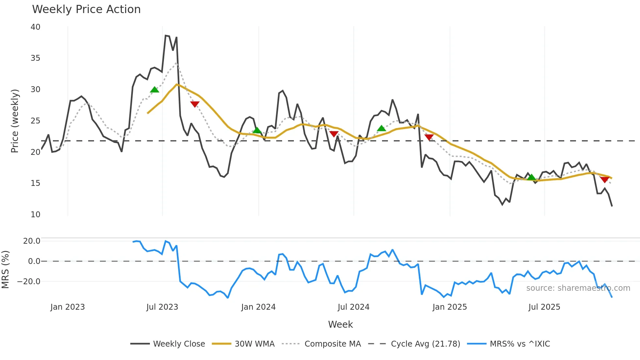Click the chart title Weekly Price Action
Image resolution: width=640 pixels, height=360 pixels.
pyautogui.click(x=86, y=9)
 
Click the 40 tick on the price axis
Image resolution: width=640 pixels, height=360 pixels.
pyautogui.click(x=35, y=27)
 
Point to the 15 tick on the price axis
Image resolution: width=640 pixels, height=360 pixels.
pyautogui.click(x=35, y=183)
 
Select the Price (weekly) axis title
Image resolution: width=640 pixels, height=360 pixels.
pyautogui.click(x=15, y=121)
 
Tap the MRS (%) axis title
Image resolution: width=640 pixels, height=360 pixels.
pyautogui.click(x=6, y=270)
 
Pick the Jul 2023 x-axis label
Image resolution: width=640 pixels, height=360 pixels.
pyautogui.click(x=162, y=307)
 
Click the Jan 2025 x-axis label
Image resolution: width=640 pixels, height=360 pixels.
pyautogui.click(x=450, y=307)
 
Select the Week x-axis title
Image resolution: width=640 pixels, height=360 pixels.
pyautogui.click(x=340, y=324)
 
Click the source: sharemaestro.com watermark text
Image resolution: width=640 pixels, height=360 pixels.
pyautogui.click(x=578, y=288)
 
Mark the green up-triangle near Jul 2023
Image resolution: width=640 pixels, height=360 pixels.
pyautogui.click(x=154, y=90)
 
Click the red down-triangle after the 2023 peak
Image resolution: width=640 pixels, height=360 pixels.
pyautogui.click(x=195, y=104)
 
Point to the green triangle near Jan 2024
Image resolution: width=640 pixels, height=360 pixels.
pyautogui.click(x=257, y=130)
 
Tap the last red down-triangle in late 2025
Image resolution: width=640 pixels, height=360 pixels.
pyautogui.click(x=604, y=179)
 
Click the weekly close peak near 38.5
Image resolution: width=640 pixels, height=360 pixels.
pyautogui.click(x=166, y=35)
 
